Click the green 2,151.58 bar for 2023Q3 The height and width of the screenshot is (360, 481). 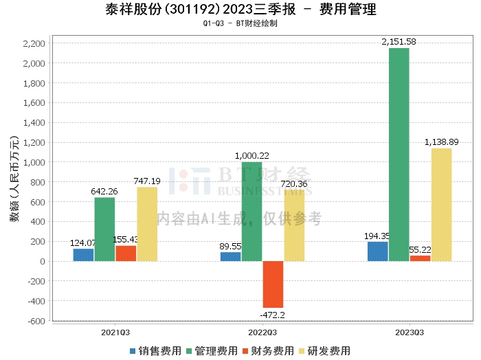point(399,155)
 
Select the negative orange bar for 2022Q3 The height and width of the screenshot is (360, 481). point(273,284)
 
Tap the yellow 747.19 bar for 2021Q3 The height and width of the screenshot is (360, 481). point(147,224)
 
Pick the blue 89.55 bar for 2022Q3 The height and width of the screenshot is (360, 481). point(231,256)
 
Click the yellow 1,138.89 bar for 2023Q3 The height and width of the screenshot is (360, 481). point(442,205)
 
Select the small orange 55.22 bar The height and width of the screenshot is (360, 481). point(420,258)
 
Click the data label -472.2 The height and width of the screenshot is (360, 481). point(273,314)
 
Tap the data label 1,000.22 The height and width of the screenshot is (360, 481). point(251,156)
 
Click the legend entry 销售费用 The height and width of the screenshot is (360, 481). point(155,350)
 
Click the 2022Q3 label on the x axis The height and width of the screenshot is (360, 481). point(262,332)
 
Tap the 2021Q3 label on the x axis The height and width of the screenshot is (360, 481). point(115,332)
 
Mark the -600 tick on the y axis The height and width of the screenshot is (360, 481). point(36,321)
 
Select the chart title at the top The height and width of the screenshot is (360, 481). point(240,10)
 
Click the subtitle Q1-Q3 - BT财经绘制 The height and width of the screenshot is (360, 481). point(240,23)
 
